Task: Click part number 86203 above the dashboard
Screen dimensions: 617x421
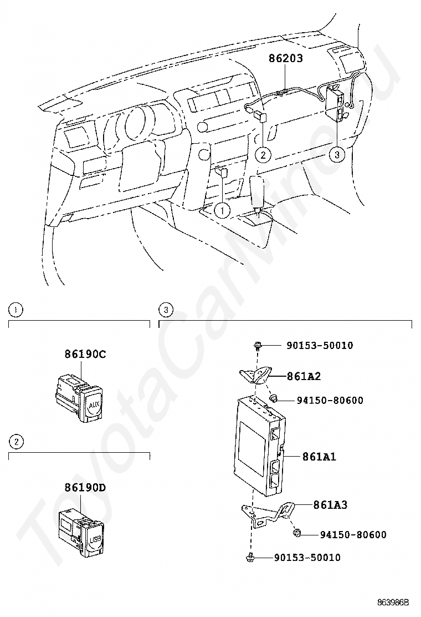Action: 286,58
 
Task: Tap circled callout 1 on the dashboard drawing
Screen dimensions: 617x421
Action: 222,210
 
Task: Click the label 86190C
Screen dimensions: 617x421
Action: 85,353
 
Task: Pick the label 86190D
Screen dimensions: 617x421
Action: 85,488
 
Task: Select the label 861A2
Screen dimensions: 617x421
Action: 304,376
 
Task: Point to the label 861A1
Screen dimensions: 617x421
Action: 319,457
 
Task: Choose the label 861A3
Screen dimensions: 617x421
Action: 330,505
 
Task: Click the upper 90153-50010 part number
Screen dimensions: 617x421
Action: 320,346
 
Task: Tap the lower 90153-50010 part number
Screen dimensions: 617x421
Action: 307,557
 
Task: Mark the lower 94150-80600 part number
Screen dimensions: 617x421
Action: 353,535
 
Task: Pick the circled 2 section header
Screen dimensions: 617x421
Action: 17,442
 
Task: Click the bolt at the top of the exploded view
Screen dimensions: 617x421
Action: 258,346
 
